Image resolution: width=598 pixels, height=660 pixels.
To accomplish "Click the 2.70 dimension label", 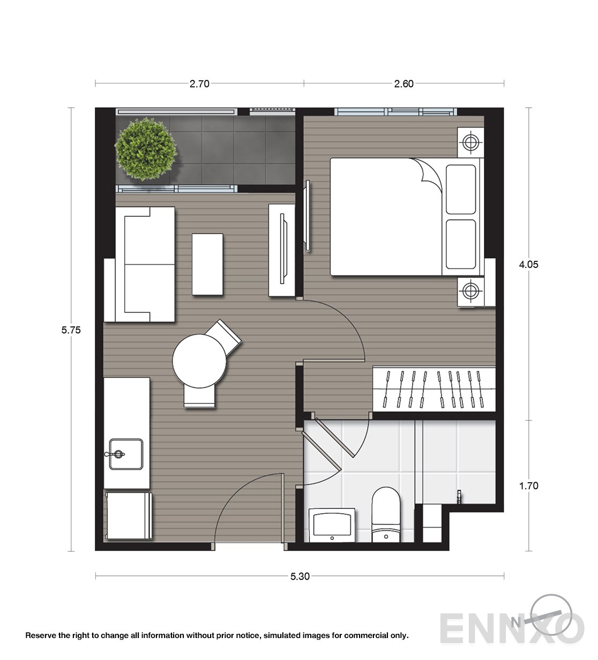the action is pyautogui.click(x=199, y=84).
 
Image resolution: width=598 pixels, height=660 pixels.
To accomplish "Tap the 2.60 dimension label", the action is pyautogui.click(x=404, y=84).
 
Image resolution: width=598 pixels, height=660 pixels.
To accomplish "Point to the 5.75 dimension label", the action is pyautogui.click(x=71, y=330).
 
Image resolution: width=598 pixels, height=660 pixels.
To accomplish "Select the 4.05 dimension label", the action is pyautogui.click(x=528, y=265).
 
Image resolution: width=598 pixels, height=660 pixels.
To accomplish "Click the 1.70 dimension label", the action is pyautogui.click(x=528, y=485).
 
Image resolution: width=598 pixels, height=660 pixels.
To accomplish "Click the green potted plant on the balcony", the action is pyautogui.click(x=145, y=149).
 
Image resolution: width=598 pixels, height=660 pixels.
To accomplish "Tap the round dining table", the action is pyautogui.click(x=199, y=361).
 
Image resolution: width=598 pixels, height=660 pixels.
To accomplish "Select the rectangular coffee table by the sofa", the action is pyautogui.click(x=207, y=264).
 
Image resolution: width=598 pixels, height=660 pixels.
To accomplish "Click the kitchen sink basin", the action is pyautogui.click(x=126, y=454).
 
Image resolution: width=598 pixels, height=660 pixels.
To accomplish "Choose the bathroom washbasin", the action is pyautogui.click(x=332, y=526).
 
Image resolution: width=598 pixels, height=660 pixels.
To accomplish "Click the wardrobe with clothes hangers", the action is pyautogui.click(x=434, y=389).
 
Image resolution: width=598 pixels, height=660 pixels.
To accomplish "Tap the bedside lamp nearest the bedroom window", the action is pyautogui.click(x=470, y=142).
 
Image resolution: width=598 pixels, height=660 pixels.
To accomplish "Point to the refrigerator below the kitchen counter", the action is pyautogui.click(x=129, y=515).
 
